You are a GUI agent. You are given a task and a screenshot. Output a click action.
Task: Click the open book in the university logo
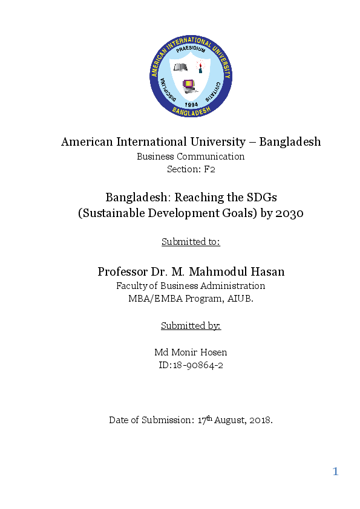coord(180,67)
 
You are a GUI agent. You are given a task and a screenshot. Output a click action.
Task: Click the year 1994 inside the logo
coord(191,104)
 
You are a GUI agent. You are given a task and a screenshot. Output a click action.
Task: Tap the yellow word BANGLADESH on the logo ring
coord(191,112)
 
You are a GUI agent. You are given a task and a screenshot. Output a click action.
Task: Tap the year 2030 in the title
coord(289,213)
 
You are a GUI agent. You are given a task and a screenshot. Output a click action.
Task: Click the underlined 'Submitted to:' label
coord(191,242)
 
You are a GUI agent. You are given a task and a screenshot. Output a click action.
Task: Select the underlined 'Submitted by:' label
coord(191,326)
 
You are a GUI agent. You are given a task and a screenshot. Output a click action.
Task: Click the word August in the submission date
coord(227,420)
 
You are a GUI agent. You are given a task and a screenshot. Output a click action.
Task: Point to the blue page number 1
coord(335,472)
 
